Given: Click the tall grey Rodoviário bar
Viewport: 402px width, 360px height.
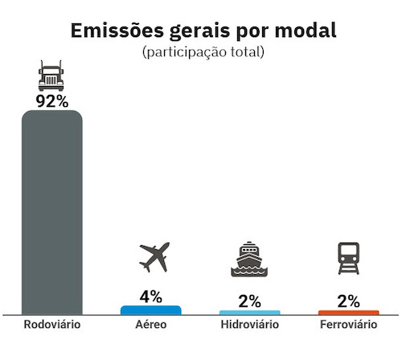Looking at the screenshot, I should point(51,213).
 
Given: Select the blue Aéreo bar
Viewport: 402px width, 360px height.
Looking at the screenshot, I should point(150,309).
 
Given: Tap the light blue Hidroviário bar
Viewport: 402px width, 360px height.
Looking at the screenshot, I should point(249,312).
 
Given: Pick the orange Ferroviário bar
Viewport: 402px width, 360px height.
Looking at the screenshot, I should point(348,312).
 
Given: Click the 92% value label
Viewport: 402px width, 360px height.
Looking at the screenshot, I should point(51,101).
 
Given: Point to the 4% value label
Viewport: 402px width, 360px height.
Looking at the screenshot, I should point(150,296).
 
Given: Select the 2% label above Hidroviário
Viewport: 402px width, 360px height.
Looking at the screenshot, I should point(249,301).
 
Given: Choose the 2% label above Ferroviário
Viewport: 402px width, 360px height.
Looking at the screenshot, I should point(348,301).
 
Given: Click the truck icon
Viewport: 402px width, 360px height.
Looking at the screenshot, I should point(51,76).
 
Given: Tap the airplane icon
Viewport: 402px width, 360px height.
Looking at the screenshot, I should point(155,257).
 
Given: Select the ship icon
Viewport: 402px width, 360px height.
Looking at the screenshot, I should point(249,260).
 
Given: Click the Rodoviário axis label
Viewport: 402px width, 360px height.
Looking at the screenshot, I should point(51,325).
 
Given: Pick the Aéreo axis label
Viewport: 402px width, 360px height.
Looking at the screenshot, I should point(150,325).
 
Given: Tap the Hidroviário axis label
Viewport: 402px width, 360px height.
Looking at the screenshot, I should point(249,325).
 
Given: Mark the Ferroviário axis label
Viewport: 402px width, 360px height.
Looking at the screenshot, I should point(348,325).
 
